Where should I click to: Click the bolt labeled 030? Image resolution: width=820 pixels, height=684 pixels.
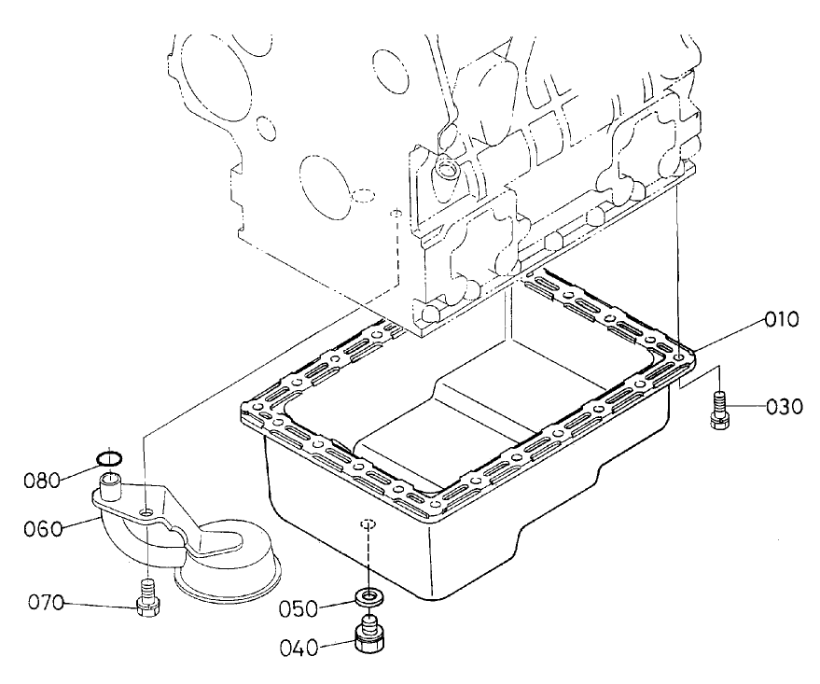[x=717, y=409]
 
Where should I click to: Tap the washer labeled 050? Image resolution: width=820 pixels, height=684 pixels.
[x=370, y=596]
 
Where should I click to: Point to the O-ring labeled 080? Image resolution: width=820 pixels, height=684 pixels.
[x=109, y=457]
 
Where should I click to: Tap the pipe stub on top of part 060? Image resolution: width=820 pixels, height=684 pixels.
[x=112, y=483]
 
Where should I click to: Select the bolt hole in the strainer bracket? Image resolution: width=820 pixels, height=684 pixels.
[x=147, y=512]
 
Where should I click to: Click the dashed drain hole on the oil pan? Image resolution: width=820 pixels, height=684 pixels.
[x=368, y=524]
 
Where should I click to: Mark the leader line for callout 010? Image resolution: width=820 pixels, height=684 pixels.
[x=723, y=334]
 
